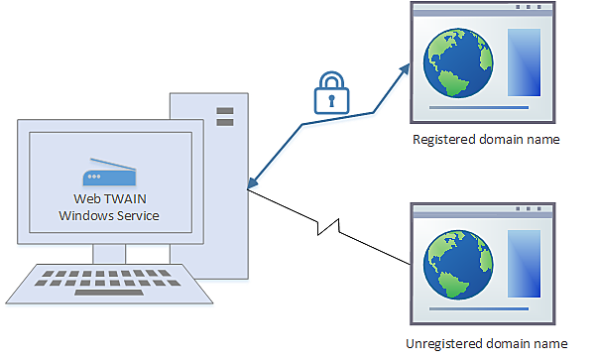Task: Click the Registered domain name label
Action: pyautogui.click(x=486, y=140)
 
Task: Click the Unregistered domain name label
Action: pyautogui.click(x=488, y=343)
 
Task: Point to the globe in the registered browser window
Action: pyautogui.click(x=457, y=62)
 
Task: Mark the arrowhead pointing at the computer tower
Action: pyautogui.click(x=252, y=185)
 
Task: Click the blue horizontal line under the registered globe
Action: pyautogui.click(x=479, y=106)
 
